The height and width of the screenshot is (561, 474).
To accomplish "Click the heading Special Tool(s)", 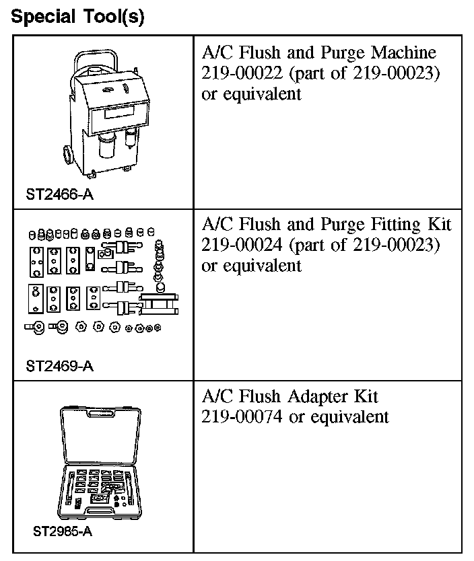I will coord(79,16).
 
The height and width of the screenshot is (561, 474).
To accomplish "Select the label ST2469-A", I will coord(61,367).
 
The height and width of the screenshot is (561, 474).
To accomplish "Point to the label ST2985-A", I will coord(63,531).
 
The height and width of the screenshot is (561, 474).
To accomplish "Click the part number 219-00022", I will coord(234,73).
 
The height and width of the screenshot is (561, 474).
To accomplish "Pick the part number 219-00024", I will coord(234,245).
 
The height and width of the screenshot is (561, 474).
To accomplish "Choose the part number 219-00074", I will coord(234,417).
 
